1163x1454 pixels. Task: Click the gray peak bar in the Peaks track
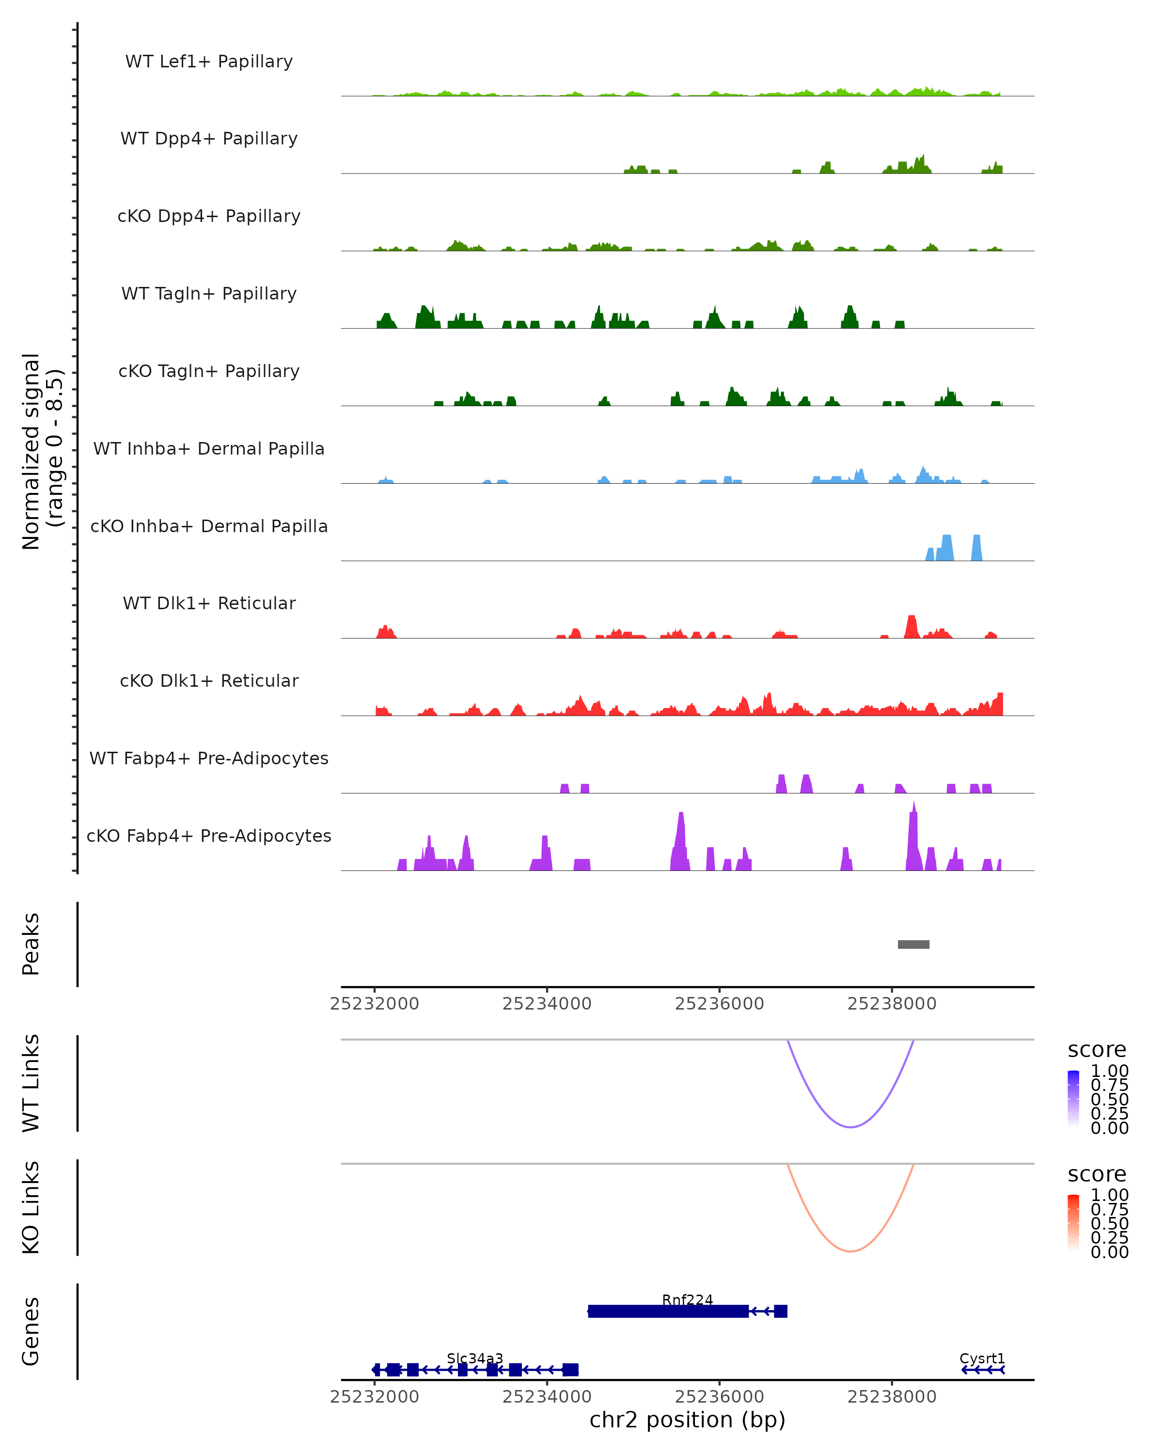(x=913, y=944)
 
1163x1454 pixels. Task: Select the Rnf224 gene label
(x=687, y=1299)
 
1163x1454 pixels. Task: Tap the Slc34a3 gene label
(x=474, y=1358)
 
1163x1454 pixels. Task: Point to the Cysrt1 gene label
(x=982, y=1358)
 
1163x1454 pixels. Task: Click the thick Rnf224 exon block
(x=667, y=1311)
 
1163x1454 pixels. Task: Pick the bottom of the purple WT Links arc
(x=851, y=1127)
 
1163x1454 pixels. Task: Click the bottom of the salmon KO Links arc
(x=851, y=1251)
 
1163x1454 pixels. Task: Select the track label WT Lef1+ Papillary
(x=209, y=62)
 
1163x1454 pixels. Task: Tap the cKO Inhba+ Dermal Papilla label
(x=209, y=526)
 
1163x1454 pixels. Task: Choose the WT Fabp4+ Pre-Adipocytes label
(x=209, y=758)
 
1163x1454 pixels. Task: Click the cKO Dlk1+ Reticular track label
(x=209, y=680)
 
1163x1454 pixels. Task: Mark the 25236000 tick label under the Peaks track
(x=720, y=1004)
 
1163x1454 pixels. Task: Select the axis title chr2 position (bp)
(x=687, y=1420)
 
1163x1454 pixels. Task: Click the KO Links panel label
(x=31, y=1207)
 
